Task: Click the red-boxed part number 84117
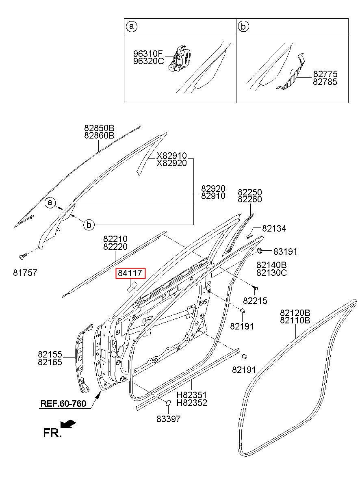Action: (130, 273)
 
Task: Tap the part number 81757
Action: (25, 273)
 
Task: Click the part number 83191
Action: (285, 251)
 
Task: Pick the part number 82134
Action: (274, 229)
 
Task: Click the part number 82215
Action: (255, 301)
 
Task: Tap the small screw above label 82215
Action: (255, 287)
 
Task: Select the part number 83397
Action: (169, 419)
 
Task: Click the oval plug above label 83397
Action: (168, 403)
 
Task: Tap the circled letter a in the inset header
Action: (132, 26)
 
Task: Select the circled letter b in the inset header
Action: (243, 26)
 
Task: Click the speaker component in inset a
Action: (180, 58)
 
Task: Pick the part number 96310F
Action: (148, 53)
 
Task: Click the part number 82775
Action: (325, 74)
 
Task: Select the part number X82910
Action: (171, 156)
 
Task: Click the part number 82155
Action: (50, 354)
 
